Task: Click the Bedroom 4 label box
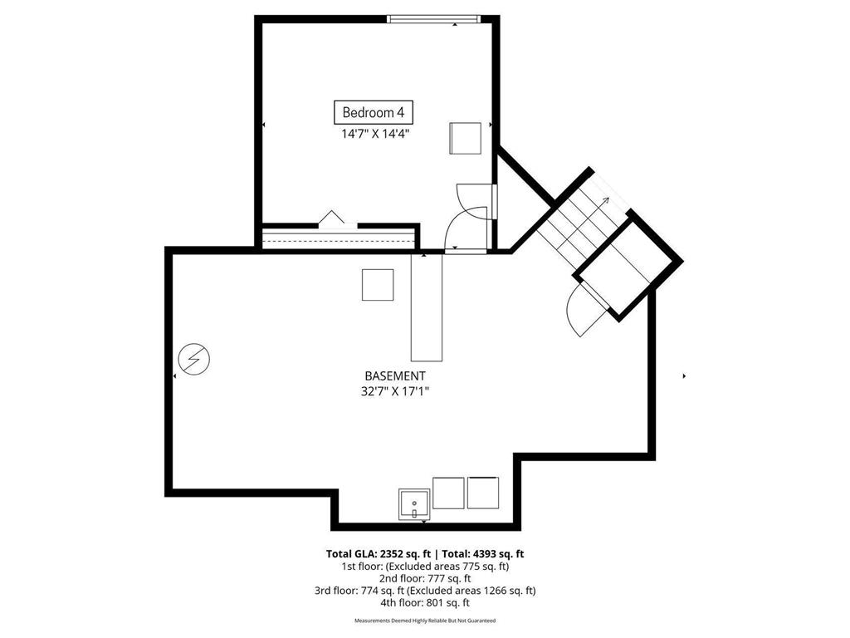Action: [x=373, y=112]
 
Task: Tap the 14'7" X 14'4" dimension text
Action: [x=374, y=134]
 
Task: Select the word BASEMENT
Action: [x=394, y=375]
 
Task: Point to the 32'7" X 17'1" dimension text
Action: [x=394, y=390]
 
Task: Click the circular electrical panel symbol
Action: [x=194, y=359]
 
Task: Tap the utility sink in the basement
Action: [x=414, y=504]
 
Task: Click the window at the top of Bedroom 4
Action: [x=433, y=19]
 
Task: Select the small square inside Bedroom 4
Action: [x=465, y=139]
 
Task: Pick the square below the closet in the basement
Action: [x=378, y=284]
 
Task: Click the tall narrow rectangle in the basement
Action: [x=427, y=307]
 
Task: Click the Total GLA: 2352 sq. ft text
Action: [x=379, y=554]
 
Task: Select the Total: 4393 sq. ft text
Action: [x=483, y=554]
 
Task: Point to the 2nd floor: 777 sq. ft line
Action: [x=425, y=578]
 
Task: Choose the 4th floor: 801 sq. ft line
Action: [x=425, y=602]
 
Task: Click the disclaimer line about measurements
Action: [x=425, y=621]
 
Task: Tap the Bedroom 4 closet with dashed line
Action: [x=339, y=238]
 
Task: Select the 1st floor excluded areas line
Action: [x=425, y=567]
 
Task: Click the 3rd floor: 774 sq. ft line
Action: [x=425, y=591]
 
